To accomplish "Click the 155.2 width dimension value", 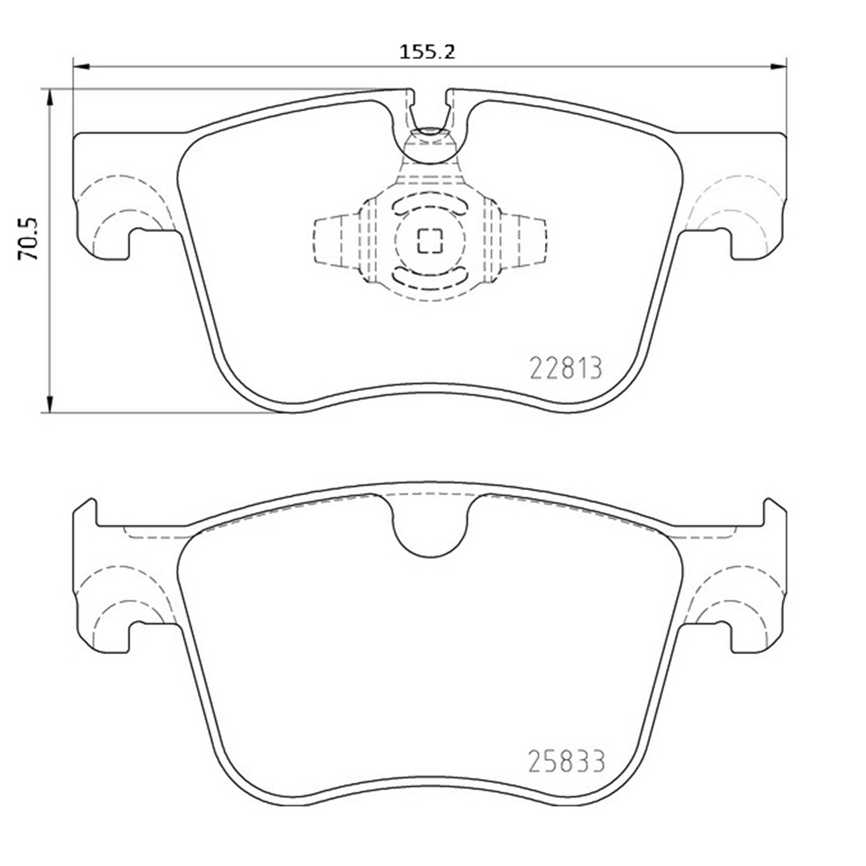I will pos(428,52).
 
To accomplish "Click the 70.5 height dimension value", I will pos(28,238).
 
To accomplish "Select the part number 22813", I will pos(565,368).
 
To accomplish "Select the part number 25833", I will pos(566,762).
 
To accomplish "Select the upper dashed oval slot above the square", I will pos(429,206).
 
